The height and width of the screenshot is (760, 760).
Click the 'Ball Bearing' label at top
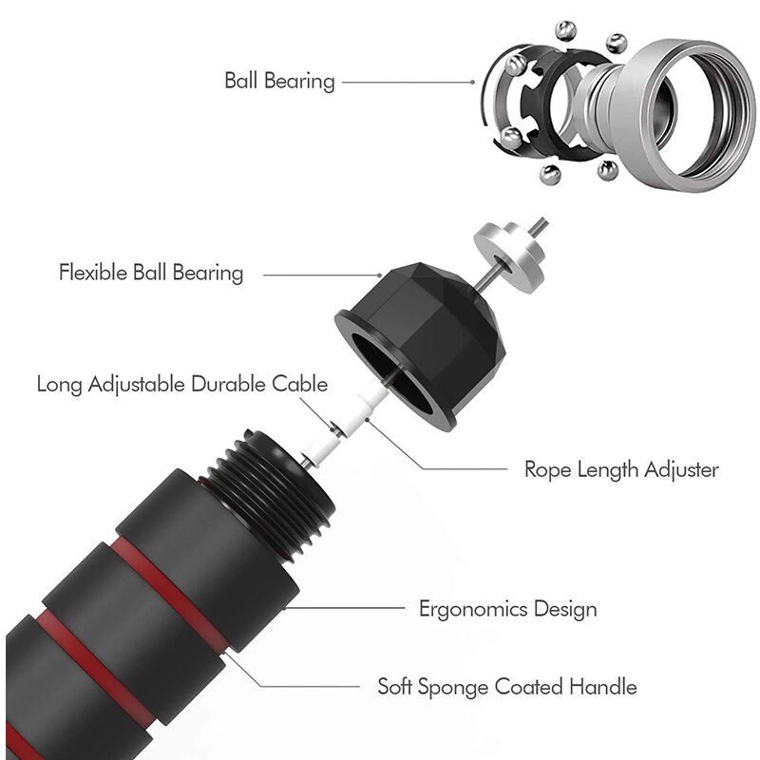(279, 81)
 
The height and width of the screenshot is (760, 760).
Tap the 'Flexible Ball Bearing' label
(151, 274)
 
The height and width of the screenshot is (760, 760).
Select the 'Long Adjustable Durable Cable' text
(182, 385)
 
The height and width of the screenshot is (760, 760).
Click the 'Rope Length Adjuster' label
(621, 469)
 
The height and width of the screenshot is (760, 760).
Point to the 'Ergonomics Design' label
(508, 608)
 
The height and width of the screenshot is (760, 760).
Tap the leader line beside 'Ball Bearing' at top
(404, 82)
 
